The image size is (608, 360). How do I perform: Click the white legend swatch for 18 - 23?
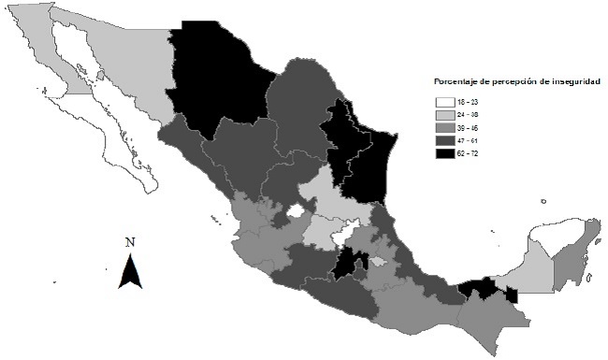pyautogui.click(x=443, y=102)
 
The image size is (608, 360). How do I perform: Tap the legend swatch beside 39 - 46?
pyautogui.click(x=443, y=126)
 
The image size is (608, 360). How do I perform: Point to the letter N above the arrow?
pyautogui.click(x=131, y=243)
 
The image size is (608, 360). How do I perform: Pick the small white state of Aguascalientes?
pyautogui.click(x=296, y=212)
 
